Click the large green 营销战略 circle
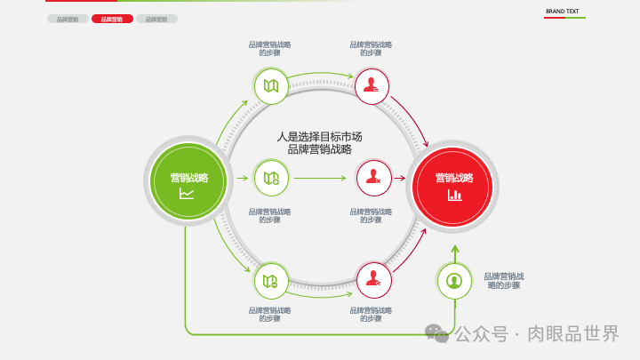(x=188, y=184)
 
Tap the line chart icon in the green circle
(x=187, y=194)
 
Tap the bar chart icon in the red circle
(x=454, y=195)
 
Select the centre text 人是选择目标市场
(x=319, y=137)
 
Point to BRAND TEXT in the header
(x=562, y=12)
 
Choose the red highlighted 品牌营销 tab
(x=112, y=19)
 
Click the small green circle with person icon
(x=454, y=281)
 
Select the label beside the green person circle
(x=503, y=281)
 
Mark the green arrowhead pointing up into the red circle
(x=454, y=250)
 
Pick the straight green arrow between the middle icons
(x=320, y=178)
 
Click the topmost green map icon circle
(x=271, y=86)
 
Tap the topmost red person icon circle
(x=373, y=86)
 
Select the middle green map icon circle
(x=271, y=178)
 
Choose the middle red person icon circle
(x=373, y=178)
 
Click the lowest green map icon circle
(x=271, y=281)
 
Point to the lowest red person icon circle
(x=373, y=281)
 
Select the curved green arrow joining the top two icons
(x=322, y=75)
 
